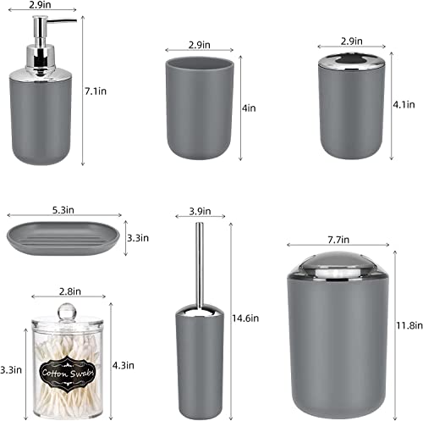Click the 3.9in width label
201,210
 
